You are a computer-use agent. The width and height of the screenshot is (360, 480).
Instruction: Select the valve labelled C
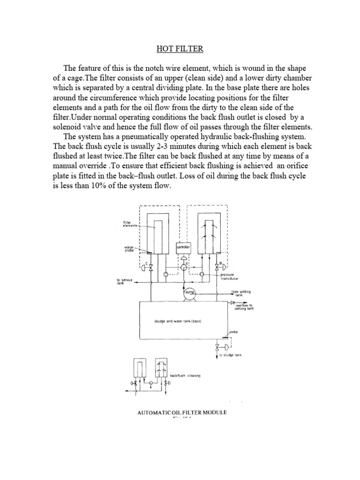click(x=151, y=267)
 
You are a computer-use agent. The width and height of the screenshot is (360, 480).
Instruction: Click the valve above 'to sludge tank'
click(x=217, y=347)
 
